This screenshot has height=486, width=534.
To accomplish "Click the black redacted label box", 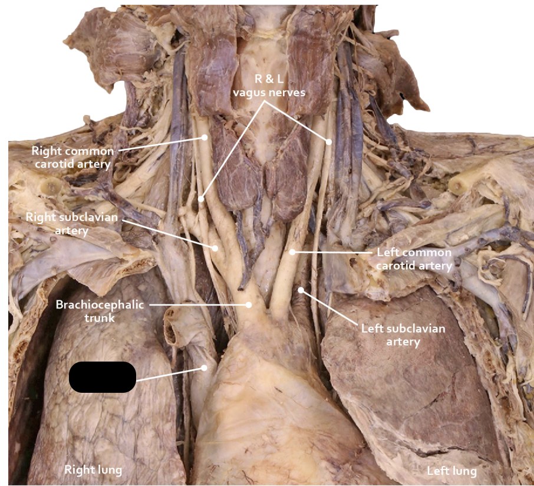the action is [x=103, y=377].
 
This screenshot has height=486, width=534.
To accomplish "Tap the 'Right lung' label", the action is [x=93, y=469].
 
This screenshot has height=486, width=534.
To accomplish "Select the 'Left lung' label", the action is [x=451, y=471].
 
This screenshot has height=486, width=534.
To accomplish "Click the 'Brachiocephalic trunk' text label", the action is [x=100, y=311].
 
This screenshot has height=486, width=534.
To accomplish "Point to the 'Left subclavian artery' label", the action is [x=403, y=335].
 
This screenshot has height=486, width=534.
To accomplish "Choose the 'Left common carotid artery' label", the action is [x=414, y=259].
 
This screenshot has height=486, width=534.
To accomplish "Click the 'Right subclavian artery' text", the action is [x=72, y=224].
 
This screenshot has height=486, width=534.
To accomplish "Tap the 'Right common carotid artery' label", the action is [x=72, y=157].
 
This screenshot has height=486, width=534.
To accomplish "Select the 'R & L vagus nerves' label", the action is [x=269, y=86].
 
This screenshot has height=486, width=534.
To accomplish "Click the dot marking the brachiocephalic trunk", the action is [x=249, y=305].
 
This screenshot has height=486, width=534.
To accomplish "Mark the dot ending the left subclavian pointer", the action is [x=301, y=290].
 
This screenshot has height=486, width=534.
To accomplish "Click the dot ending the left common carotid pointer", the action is [x=292, y=252].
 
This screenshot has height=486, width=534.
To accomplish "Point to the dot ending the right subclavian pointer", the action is [x=215, y=248].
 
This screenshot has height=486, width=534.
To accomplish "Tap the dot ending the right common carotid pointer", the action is [x=205, y=137].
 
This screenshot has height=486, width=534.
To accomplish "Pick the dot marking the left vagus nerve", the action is [x=329, y=142].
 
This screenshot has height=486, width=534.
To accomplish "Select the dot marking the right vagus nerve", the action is [x=201, y=199].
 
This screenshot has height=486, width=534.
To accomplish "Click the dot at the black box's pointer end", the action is [x=204, y=367].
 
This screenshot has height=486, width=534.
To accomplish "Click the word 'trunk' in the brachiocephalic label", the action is [x=100, y=318].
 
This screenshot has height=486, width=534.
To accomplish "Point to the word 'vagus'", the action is [x=250, y=93].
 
